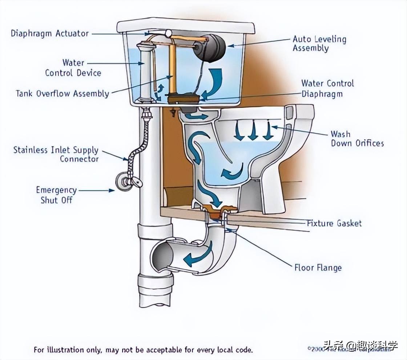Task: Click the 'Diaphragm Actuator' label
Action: point(50,34)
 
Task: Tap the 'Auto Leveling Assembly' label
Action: point(319,44)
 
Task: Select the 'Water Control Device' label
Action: point(73,68)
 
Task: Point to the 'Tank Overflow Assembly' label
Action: point(62,93)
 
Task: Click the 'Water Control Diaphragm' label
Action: point(327,88)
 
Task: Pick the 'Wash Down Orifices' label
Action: point(357,139)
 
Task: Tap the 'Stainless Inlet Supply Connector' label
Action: point(56,154)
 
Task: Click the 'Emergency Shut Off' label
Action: point(56,195)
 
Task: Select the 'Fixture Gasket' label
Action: point(334,223)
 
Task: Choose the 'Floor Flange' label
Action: point(318,268)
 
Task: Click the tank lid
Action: point(185,25)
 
